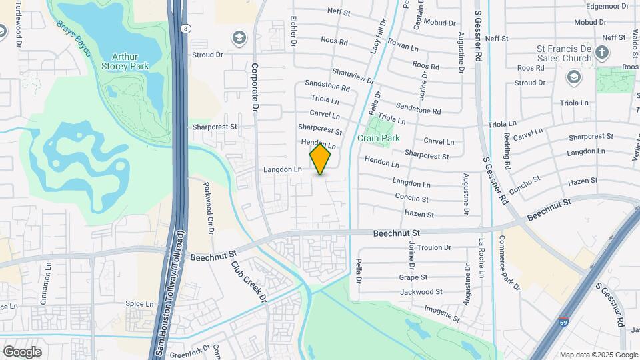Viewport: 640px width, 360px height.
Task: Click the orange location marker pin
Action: pyautogui.click(x=320, y=159)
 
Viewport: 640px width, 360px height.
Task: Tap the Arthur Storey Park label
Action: pyautogui.click(x=125, y=61)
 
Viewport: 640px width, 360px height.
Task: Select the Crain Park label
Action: pyautogui.click(x=378, y=138)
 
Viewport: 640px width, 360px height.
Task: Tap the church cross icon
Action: pyautogui.click(x=602, y=52)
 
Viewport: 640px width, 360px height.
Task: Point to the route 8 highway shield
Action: pyautogui.click(x=185, y=29)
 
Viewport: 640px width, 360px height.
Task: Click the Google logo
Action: pyautogui.click(x=22, y=351)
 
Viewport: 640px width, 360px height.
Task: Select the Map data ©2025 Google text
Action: pyautogui.click(x=598, y=355)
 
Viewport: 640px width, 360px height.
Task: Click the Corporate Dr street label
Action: pyautogui.click(x=255, y=87)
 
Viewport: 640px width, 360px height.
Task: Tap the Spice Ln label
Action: pyautogui.click(x=139, y=303)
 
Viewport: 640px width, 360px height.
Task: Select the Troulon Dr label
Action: pyautogui.click(x=435, y=247)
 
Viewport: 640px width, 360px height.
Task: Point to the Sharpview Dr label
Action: pyautogui.click(x=353, y=75)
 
